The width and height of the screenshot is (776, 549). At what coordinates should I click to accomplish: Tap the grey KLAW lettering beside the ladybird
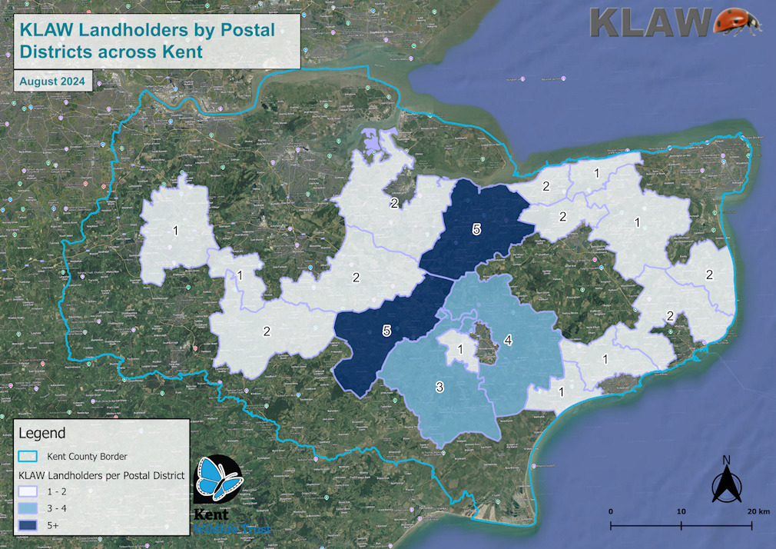click(x=650, y=22)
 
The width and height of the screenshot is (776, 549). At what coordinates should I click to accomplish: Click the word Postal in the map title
click(x=242, y=30)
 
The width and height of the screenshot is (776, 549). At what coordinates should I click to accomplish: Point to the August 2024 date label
click(x=52, y=81)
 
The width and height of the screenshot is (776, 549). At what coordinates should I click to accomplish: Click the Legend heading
click(x=41, y=433)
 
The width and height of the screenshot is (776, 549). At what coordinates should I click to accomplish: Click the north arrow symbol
click(x=726, y=485)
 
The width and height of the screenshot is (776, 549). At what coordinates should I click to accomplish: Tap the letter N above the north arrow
click(x=726, y=461)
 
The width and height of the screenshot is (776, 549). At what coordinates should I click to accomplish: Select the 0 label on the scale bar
click(x=611, y=511)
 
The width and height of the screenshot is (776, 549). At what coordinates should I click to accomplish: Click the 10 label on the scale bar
click(x=681, y=511)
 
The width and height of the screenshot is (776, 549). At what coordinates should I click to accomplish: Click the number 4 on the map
click(x=507, y=340)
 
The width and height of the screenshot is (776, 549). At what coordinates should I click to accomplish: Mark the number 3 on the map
click(x=439, y=387)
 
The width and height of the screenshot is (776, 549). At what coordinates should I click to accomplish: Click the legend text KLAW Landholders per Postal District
click(x=101, y=476)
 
